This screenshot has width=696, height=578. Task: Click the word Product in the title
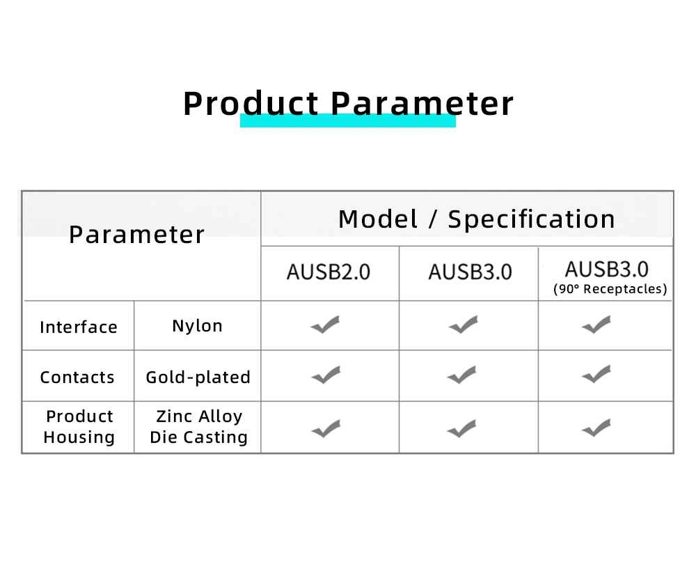tap(251, 104)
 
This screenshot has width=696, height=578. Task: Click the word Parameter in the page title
tap(422, 104)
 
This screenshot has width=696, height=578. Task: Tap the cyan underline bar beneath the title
tap(348, 121)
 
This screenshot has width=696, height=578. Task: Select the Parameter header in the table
tap(136, 235)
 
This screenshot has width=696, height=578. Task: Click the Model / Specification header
tap(477, 219)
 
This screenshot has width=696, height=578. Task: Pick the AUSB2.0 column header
tap(329, 272)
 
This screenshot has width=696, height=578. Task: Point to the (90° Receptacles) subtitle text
tap(610, 289)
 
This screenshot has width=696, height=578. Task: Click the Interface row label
tap(79, 327)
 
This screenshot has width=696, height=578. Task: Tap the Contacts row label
tap(77, 377)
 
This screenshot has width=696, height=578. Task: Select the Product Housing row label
tap(79, 426)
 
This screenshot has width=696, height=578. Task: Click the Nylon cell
tap(197, 326)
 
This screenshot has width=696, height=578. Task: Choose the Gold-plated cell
tap(198, 377)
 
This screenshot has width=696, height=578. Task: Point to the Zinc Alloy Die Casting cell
tap(199, 426)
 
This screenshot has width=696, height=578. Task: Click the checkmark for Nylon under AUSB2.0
tap(325, 325)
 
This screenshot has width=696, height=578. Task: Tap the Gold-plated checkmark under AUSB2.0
tap(326, 375)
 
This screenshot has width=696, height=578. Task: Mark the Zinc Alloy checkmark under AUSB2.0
tap(326, 428)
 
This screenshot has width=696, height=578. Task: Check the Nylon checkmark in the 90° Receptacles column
tap(596, 325)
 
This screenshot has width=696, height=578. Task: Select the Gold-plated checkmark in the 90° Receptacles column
tap(596, 375)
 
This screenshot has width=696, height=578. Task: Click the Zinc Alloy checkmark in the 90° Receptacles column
tap(596, 428)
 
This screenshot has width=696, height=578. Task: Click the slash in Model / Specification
tap(433, 219)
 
